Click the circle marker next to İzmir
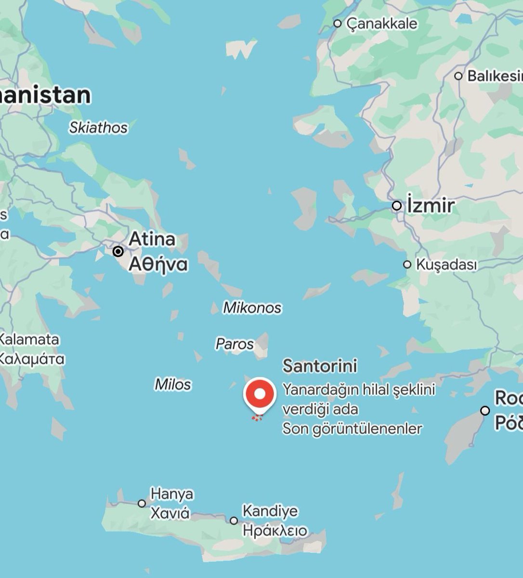(397, 206)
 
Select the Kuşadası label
(446, 264)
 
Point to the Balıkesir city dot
(458, 76)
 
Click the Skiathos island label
(98, 128)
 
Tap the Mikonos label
(252, 308)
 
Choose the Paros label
(235, 344)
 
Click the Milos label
(173, 384)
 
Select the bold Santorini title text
(320, 366)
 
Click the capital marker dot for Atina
(118, 251)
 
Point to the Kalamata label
(30, 339)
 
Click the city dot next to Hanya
(142, 503)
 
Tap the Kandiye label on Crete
(270, 511)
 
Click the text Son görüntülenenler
(352, 428)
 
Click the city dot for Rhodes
(485, 411)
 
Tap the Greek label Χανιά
(170, 513)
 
